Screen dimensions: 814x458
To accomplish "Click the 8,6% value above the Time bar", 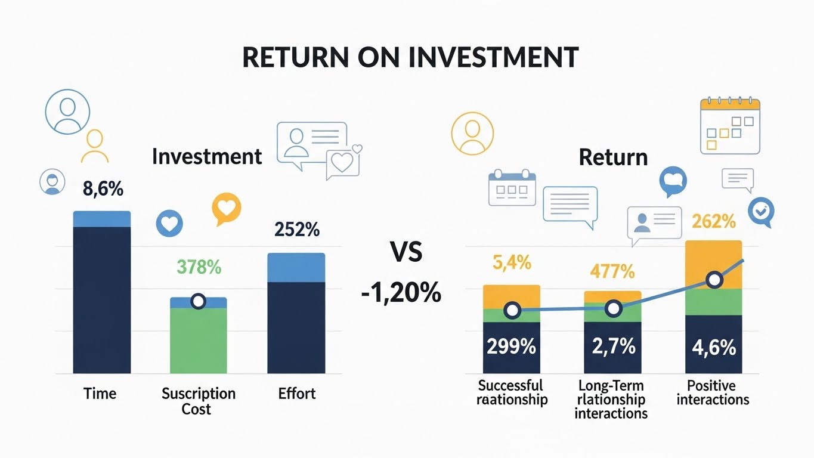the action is (103, 189).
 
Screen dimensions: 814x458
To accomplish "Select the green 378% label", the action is (199, 267).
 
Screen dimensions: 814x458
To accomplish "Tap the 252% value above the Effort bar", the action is (297, 230).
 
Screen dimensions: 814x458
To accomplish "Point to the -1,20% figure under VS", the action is (401, 293).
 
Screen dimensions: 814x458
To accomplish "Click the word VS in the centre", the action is (407, 252).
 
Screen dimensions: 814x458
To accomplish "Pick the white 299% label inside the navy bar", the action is (511, 346).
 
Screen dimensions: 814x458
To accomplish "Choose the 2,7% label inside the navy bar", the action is (614, 346).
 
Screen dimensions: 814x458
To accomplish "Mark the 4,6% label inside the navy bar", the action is (714, 348).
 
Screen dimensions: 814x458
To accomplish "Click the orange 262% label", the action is (714, 221).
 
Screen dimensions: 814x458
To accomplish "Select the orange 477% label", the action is (612, 271).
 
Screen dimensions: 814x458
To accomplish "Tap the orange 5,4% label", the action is (512, 262).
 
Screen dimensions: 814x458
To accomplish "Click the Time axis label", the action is (100, 394).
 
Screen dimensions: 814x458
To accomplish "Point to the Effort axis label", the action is (297, 394).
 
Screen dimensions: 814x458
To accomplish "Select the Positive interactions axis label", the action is (713, 392).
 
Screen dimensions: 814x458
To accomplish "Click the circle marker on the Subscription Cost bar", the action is (199, 301).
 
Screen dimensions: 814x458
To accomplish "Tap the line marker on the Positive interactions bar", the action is (714, 280).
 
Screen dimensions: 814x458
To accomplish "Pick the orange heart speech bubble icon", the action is (227, 209).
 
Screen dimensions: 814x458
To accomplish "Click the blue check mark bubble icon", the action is (762, 212).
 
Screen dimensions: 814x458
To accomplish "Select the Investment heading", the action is (207, 157).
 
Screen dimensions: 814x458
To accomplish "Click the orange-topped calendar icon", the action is (730, 126).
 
